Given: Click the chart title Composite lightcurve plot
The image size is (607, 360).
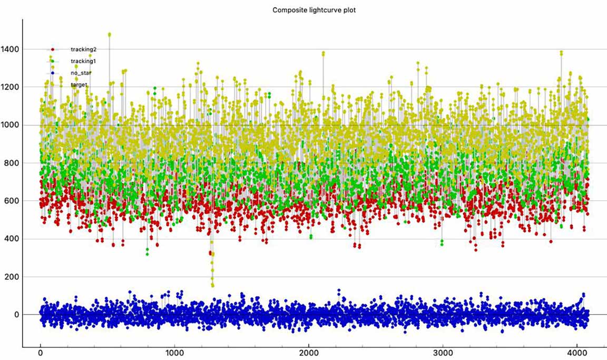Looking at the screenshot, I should tap(314, 10).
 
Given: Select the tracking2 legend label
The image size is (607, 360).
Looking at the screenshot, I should tap(83, 50).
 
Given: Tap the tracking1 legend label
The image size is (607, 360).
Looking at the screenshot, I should tap(83, 61).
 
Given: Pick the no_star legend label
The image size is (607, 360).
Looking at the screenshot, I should tap(81, 73).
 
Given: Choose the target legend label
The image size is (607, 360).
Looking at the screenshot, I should tap(79, 84).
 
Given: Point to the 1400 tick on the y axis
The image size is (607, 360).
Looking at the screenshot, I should tap(10, 49).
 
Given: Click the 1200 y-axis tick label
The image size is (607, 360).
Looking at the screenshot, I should tap(10, 87).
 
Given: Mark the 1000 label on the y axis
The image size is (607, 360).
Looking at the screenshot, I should tap(10, 125).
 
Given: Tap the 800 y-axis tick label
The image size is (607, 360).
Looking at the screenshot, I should tap(12, 163).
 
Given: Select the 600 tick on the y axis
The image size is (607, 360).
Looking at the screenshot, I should tap(12, 201).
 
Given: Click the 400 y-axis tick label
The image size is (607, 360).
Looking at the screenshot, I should tap(12, 239).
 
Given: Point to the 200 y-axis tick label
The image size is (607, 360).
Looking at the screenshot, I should tap(12, 277).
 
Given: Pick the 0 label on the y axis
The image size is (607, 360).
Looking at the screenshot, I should tap(17, 315).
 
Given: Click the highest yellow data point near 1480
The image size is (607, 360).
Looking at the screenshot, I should tap(109, 35).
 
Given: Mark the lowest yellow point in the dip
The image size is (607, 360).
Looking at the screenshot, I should tap(212, 285).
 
